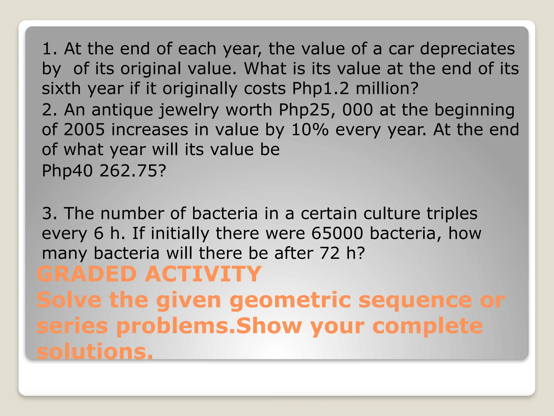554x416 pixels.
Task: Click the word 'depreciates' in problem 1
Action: coord(467,49)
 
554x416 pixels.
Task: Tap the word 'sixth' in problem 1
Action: coord(61,89)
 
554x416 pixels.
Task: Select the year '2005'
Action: coord(84,130)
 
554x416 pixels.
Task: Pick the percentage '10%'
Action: coord(310,130)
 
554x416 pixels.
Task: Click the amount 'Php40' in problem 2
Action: coord(67,171)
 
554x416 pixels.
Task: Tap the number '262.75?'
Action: coord(133,171)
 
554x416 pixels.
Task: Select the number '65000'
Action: coord(337,233)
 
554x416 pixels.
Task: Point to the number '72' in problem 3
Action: coord(329,253)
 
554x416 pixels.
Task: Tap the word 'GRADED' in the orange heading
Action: coord(87,274)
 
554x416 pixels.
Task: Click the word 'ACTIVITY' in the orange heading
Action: coord(203,274)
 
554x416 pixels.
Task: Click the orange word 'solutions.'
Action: coord(95,352)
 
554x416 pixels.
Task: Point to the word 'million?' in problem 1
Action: coord(387,89)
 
